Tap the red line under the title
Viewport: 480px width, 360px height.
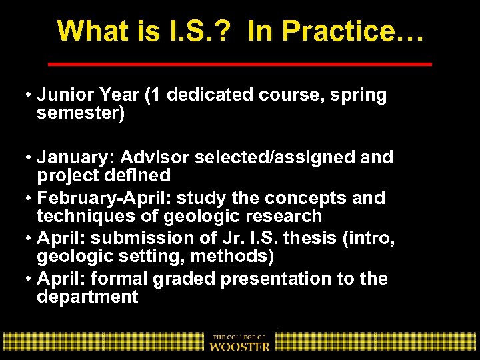point(241,64)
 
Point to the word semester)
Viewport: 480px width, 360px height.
point(81,113)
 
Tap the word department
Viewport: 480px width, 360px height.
point(87,297)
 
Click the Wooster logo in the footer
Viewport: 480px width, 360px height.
point(240,342)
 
